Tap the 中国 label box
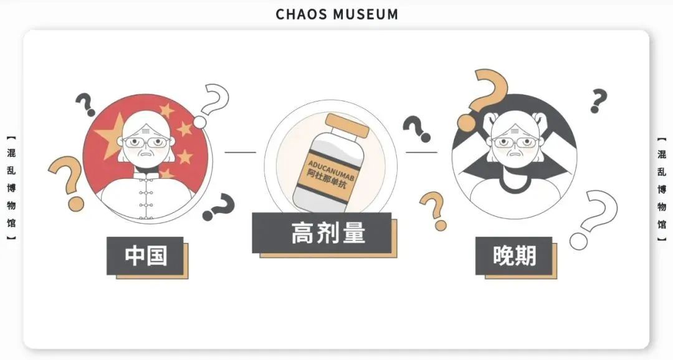tap(145, 255)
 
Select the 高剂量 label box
tap(322, 232)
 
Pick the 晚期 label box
tap(513, 255)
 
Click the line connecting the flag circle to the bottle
tap(240, 152)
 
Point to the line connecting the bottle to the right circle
tap(421, 152)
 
